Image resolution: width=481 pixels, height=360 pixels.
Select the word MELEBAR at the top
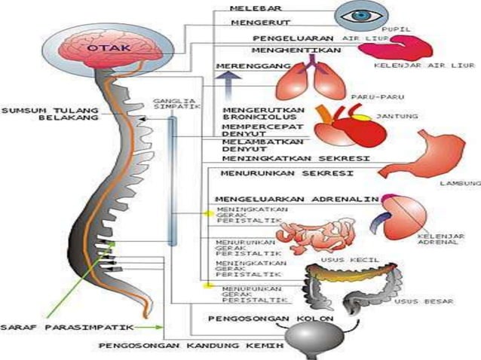tap(253, 8)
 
